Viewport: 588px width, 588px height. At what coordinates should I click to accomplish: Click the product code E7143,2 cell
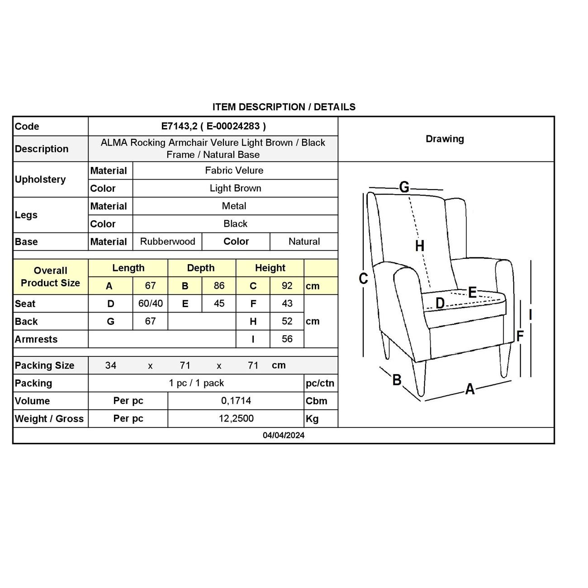point(213,126)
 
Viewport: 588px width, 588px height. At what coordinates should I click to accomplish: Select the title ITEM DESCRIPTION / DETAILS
point(284,107)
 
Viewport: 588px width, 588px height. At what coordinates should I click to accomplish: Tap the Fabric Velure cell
point(234,171)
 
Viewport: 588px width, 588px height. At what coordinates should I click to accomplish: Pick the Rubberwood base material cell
point(167,242)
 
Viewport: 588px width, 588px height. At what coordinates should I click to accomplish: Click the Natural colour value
point(304,242)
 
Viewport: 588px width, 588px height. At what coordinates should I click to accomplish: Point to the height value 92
point(287,286)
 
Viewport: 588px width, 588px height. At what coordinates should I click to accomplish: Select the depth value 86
point(219,286)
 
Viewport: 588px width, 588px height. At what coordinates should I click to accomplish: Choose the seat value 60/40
point(150,303)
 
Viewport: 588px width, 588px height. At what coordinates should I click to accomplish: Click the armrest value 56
point(287,339)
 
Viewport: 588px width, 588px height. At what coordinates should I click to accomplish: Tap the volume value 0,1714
point(236,401)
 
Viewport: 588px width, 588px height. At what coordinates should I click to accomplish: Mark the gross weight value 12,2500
point(236,418)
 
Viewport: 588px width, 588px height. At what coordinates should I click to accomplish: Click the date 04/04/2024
point(284,435)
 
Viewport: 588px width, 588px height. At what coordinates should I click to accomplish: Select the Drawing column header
point(445,139)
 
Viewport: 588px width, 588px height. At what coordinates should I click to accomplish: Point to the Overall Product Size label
point(50,277)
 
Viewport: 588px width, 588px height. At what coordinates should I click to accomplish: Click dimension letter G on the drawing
point(404,187)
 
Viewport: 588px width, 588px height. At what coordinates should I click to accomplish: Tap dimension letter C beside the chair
point(363,279)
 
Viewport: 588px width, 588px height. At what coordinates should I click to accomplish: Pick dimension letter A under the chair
point(470,389)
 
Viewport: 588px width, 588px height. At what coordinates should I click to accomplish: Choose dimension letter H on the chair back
point(420,246)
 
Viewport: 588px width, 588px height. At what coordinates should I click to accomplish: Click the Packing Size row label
point(44,365)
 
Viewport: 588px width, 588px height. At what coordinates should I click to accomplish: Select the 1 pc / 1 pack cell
point(196,383)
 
